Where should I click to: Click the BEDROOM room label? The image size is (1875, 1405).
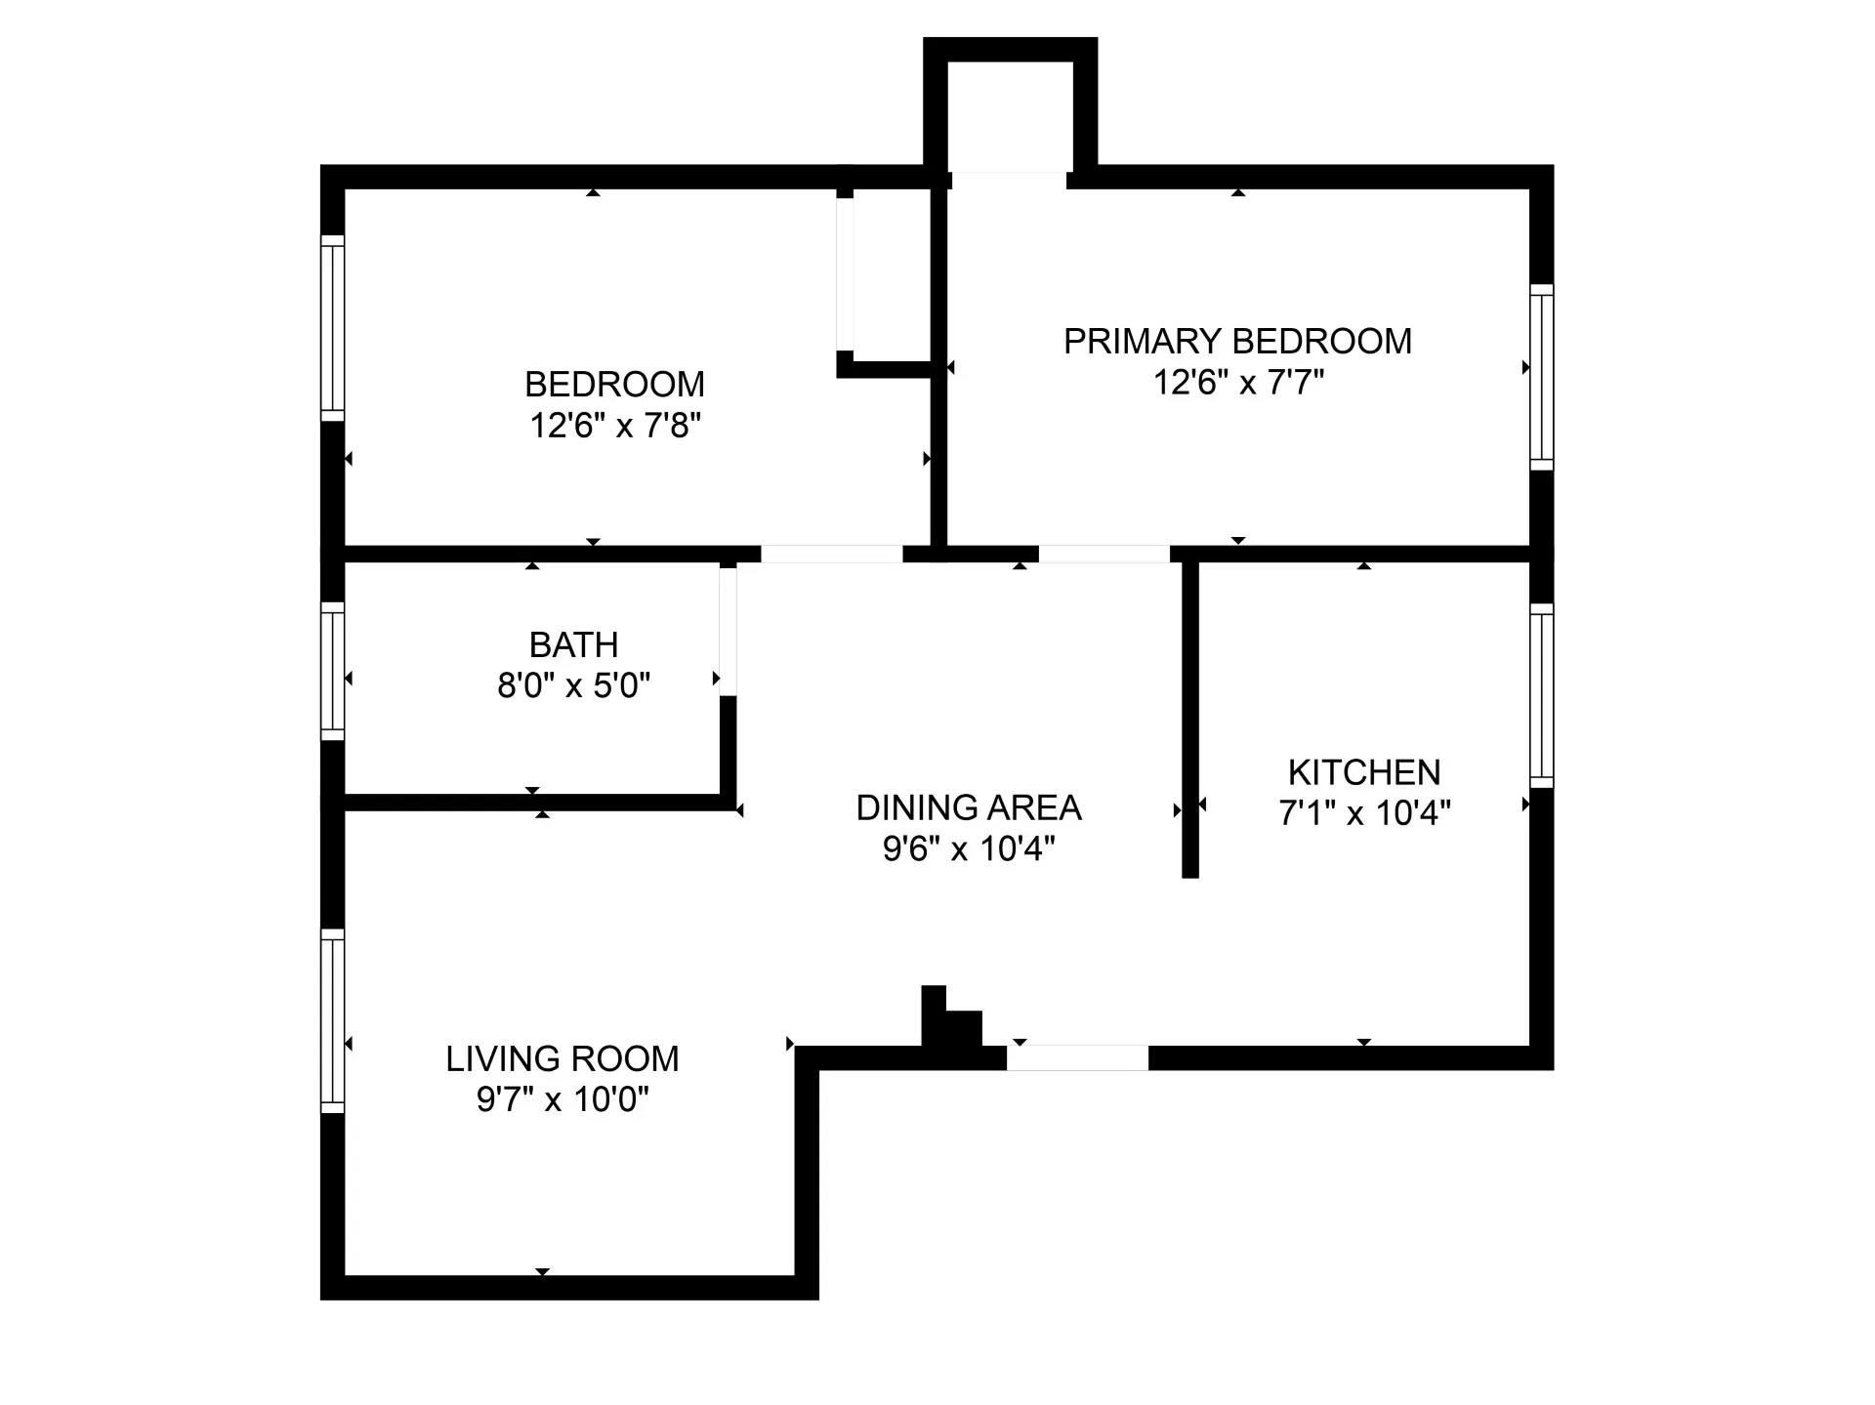pos(614,385)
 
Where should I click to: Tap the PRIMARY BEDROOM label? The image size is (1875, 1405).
pos(1237,342)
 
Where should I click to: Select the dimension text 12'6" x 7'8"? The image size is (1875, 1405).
pos(615,427)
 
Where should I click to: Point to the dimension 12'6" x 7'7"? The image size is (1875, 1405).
pos(1238,383)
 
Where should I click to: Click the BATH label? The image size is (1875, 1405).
pos(573,645)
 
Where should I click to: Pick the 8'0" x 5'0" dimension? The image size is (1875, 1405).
pos(573,686)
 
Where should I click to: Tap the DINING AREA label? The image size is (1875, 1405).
pos(969,808)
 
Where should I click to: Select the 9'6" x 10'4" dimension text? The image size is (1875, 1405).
pos(969,849)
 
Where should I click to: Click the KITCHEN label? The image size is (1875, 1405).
pos(1364,773)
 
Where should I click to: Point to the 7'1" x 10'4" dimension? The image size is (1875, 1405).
pos(1364,813)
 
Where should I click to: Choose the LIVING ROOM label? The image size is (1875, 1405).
pos(562,1059)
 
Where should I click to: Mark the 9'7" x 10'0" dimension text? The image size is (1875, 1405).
pos(562,1100)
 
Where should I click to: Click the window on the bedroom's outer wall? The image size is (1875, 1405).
pos(333,328)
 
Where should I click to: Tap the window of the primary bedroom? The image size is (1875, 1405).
pos(1541,377)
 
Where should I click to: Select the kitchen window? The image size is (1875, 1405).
pos(1541,695)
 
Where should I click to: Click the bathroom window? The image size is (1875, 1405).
pos(333,671)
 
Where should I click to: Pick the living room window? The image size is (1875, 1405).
pos(333,1021)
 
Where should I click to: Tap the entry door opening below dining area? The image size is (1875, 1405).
pos(1077,1057)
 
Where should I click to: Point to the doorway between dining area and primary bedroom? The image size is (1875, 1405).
pos(1104,555)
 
